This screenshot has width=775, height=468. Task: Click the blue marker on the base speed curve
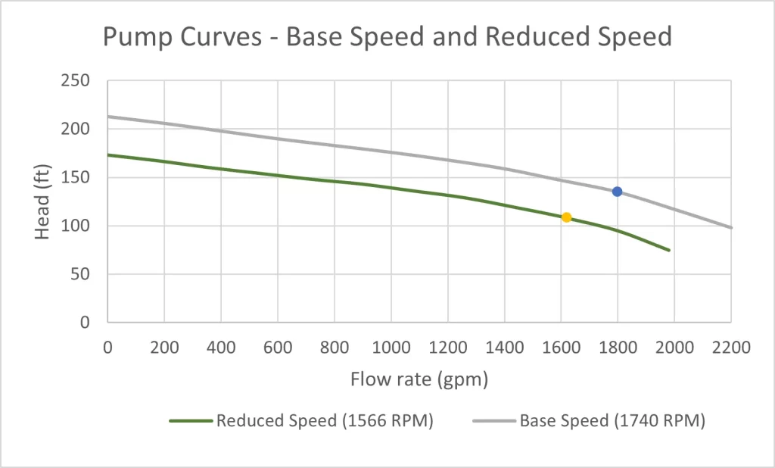pos(618,192)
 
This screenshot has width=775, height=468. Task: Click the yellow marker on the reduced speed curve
pos(566,217)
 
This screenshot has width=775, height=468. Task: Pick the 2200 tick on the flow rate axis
pos(731,348)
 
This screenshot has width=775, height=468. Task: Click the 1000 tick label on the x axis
pos(391,348)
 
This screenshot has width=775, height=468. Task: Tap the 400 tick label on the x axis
pos(220,348)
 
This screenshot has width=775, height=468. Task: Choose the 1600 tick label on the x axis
pos(561,348)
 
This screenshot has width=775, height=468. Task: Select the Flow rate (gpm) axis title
pos(419,379)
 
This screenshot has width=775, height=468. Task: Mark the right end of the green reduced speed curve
pos(669,250)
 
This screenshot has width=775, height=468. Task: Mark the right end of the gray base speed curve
pos(731,227)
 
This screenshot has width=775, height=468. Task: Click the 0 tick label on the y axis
pos(85,323)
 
